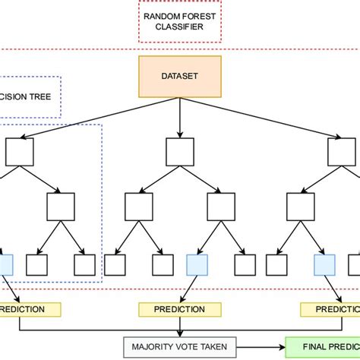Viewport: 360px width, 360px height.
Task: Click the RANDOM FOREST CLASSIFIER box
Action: [x=179, y=21]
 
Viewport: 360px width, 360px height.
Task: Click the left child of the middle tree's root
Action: [x=139, y=207]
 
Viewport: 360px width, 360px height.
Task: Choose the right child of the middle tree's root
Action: [x=220, y=207]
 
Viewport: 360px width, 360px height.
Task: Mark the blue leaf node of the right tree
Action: [x=324, y=264]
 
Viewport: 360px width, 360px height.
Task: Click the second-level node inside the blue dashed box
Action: [x=61, y=207]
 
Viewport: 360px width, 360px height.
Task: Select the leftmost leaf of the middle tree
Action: [x=115, y=264]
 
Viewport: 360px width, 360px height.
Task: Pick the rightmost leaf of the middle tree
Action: [x=245, y=264]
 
